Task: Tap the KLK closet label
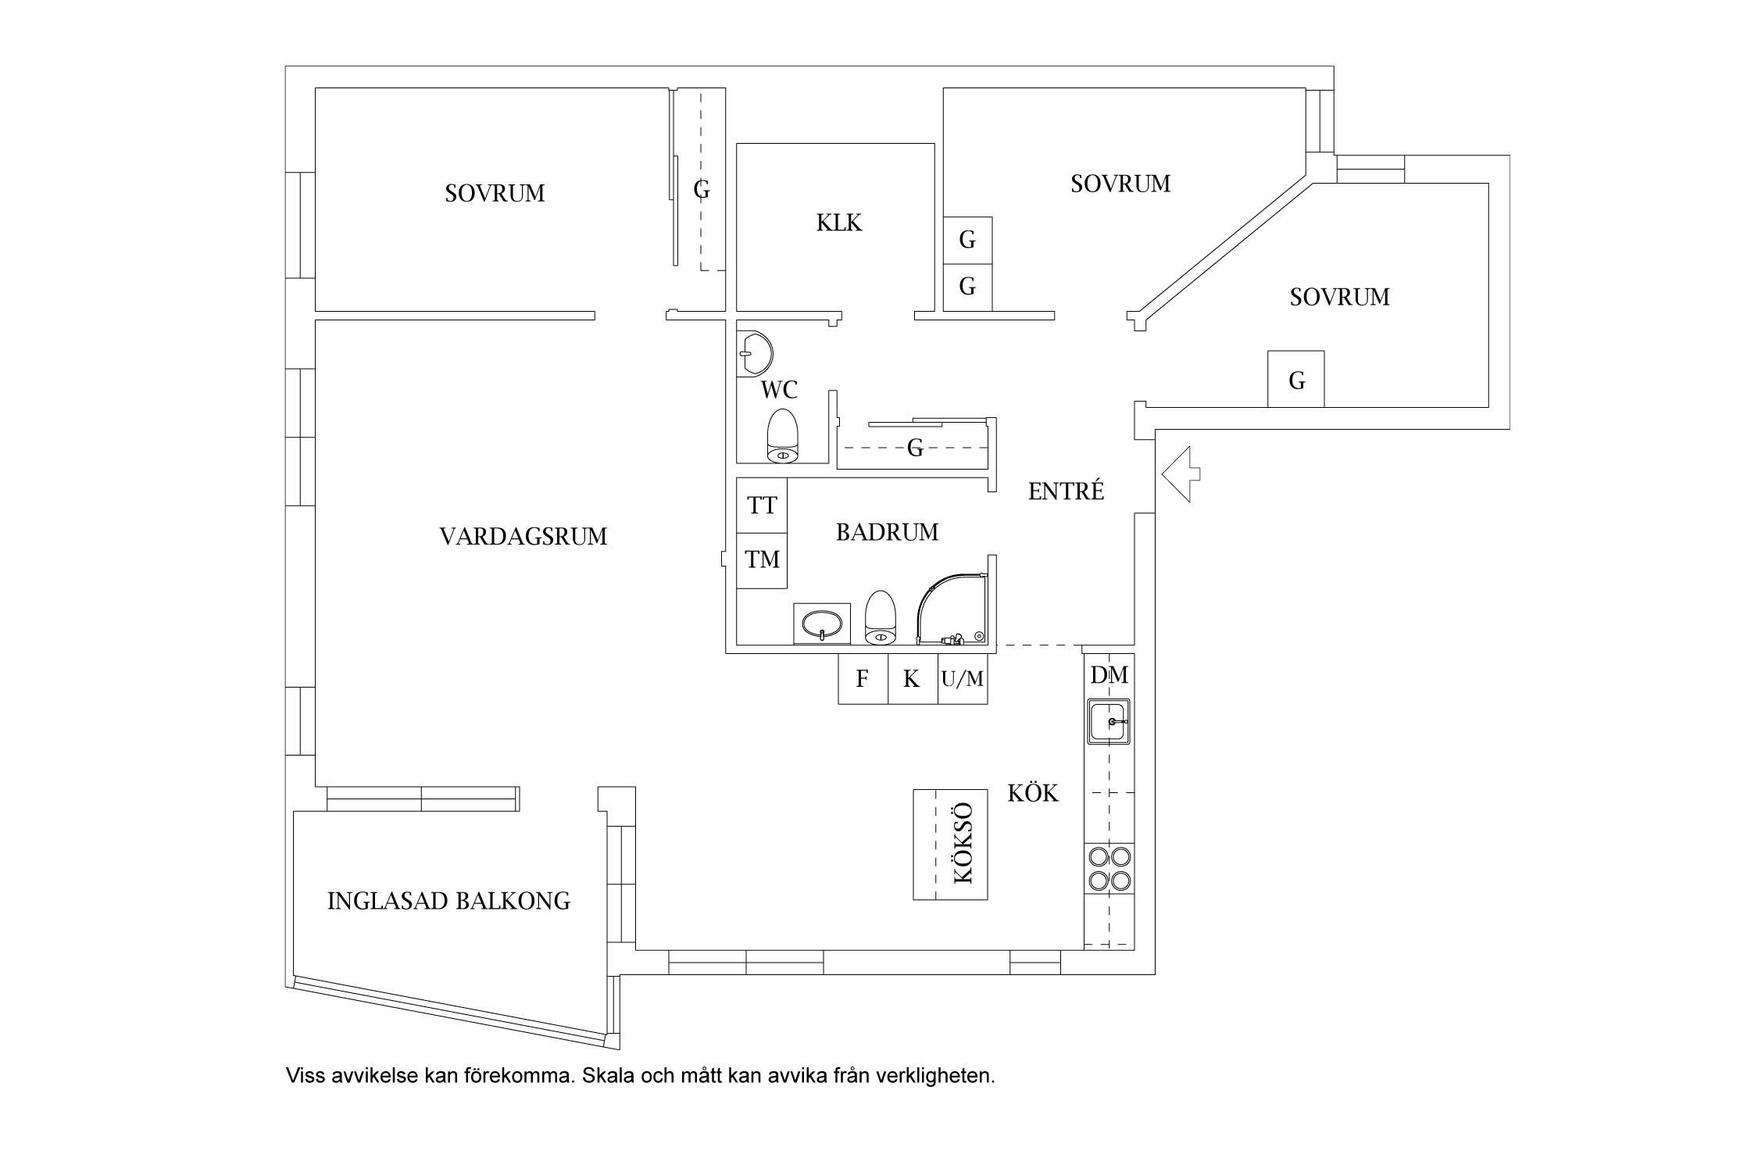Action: tap(838, 223)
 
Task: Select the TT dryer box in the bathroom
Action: tap(762, 506)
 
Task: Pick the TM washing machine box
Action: tap(762, 559)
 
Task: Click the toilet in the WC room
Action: tap(782, 435)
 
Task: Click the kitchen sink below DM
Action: tap(1108, 722)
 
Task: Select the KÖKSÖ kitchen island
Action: tap(950, 844)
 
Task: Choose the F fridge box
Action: tap(863, 679)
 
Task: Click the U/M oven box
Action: tap(962, 679)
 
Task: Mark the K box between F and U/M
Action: tap(912, 679)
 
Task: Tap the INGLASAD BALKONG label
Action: tap(448, 901)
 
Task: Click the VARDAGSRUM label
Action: tap(523, 537)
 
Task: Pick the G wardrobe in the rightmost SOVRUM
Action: tap(1295, 380)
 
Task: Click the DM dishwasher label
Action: tap(1109, 675)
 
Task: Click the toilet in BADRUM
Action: tap(880, 618)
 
